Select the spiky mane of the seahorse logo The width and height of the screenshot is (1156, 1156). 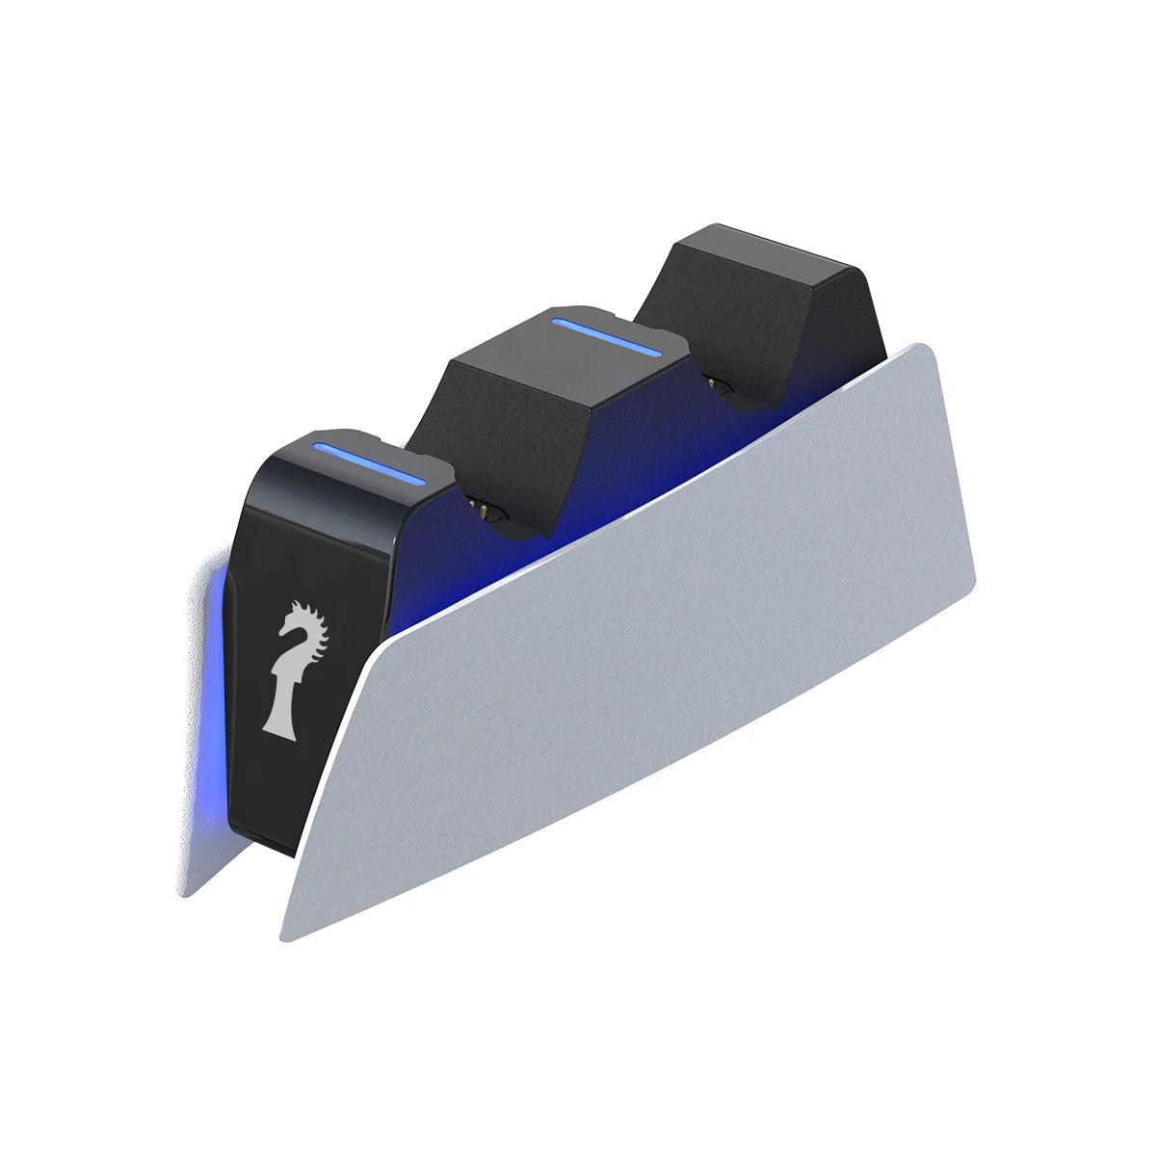[318, 631]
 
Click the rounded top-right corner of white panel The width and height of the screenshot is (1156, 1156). [927, 353]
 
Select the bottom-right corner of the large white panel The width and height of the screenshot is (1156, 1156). [968, 590]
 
